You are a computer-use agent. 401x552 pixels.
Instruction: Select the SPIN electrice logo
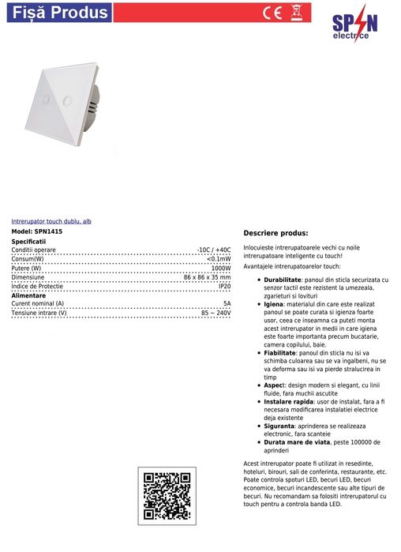click(354, 27)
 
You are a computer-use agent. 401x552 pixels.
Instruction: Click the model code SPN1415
click(48, 231)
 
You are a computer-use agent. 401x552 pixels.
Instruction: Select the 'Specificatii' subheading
click(29, 241)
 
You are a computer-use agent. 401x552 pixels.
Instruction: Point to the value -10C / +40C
click(213, 250)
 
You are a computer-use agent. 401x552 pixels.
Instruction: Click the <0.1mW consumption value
click(219, 259)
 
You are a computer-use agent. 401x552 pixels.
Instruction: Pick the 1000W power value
click(221, 268)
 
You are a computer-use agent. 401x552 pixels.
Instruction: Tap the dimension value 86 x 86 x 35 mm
click(207, 277)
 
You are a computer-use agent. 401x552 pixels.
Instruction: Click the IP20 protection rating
click(224, 286)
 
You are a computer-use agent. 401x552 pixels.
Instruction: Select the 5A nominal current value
click(227, 303)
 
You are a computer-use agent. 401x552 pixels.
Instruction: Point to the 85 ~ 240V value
click(215, 313)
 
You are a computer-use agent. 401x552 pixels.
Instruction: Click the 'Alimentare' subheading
click(28, 295)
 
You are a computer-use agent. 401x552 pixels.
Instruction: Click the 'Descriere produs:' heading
click(275, 234)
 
